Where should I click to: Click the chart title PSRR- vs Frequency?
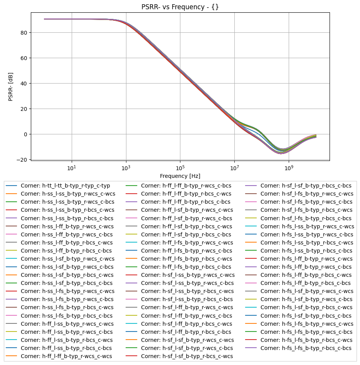[180, 7]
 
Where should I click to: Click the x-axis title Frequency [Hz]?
[180, 176]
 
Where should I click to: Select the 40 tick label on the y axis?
[24, 83]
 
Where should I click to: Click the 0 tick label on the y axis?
[25, 134]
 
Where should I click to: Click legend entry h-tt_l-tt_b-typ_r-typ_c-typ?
[65, 186]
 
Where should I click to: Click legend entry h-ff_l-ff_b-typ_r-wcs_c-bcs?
[186, 186]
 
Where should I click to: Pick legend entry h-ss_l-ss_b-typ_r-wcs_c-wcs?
[67, 194]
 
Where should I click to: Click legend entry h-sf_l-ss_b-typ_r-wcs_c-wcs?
[188, 275]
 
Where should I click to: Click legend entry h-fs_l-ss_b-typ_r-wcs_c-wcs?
[307, 226]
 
